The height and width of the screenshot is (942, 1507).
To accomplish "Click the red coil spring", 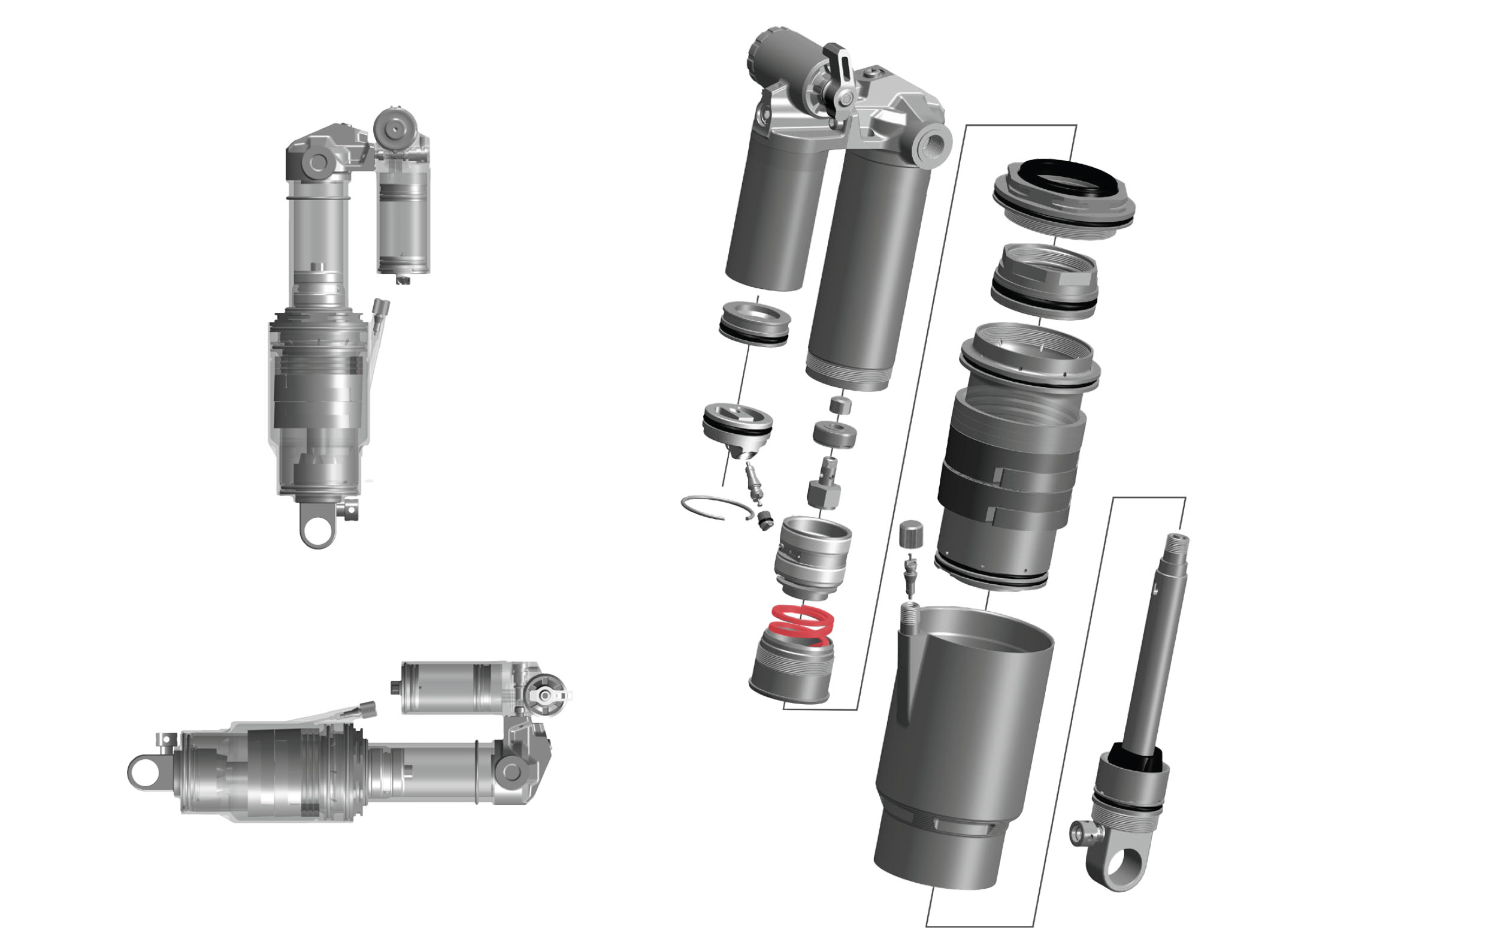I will [801, 625].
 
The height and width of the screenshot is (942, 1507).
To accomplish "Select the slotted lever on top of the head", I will [838, 63].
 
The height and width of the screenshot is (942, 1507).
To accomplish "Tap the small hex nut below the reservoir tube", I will [840, 405].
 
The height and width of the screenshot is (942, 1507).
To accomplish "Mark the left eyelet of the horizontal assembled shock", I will [145, 773].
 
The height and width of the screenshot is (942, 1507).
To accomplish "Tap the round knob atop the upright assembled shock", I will [395, 127].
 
